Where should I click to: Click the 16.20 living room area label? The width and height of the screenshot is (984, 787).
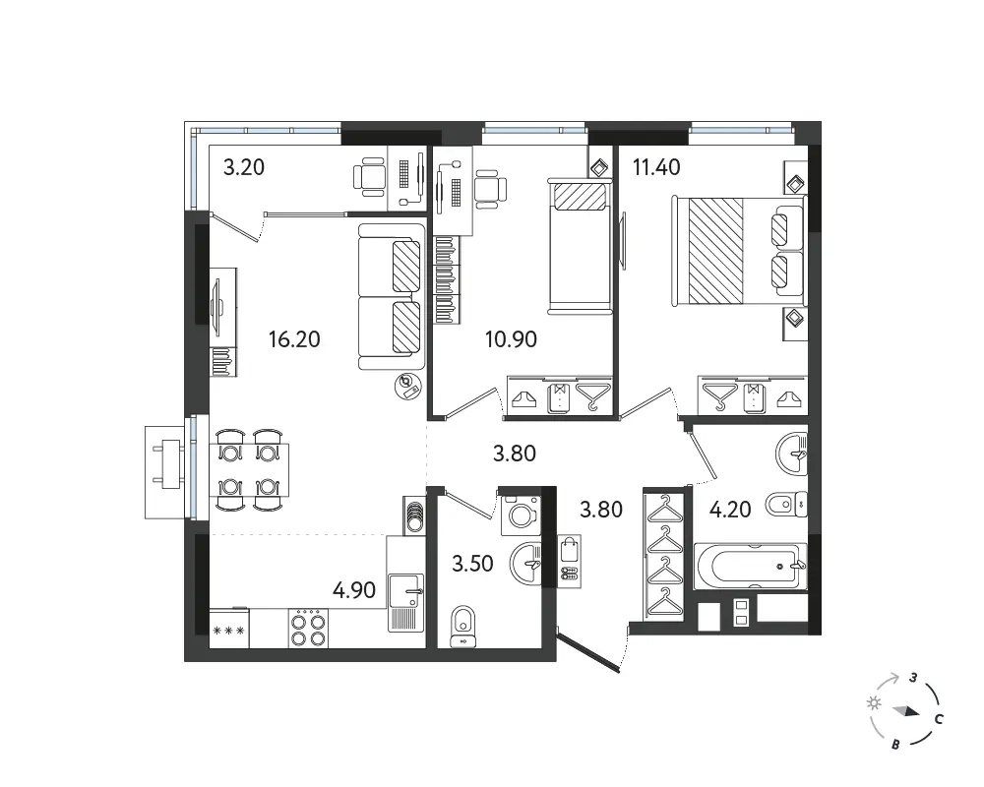click(x=294, y=339)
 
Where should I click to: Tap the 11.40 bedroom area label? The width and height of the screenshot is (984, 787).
click(x=656, y=167)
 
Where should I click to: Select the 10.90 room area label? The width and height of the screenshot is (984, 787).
click(x=511, y=339)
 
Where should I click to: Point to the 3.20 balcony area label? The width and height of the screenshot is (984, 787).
click(x=244, y=167)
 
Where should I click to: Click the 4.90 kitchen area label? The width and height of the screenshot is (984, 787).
click(x=354, y=590)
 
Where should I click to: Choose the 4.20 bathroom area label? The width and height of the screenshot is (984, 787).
click(x=730, y=509)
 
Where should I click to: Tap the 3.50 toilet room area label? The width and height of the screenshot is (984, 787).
click(x=472, y=564)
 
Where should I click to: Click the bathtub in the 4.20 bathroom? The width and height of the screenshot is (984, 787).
click(x=750, y=566)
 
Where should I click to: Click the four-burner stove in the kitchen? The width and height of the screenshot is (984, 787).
click(x=308, y=629)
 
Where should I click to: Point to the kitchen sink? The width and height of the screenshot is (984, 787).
click(x=406, y=602)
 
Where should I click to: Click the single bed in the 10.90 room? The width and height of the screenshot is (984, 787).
click(x=580, y=246)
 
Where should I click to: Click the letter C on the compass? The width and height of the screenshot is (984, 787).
click(x=939, y=719)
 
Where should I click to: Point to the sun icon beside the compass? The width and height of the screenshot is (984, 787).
click(x=874, y=703)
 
